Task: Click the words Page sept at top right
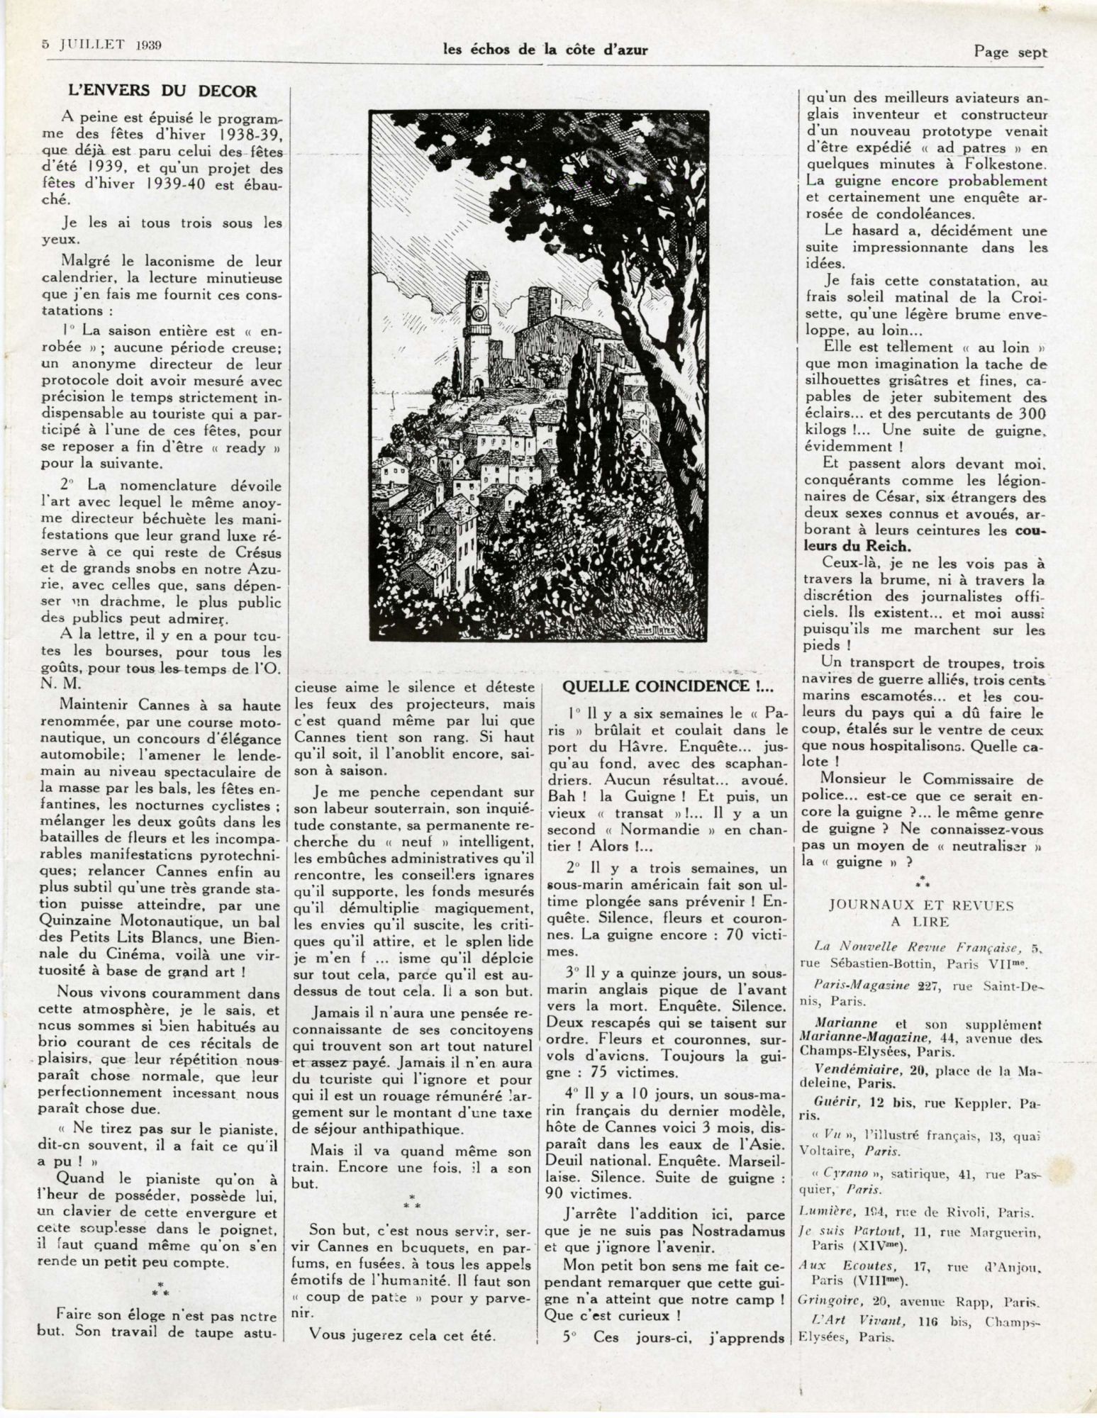tap(1010, 51)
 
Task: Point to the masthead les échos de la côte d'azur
tap(545, 49)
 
